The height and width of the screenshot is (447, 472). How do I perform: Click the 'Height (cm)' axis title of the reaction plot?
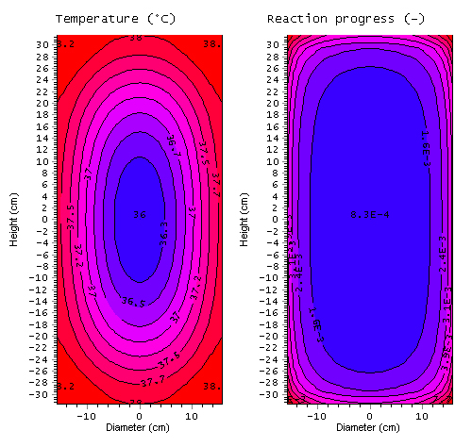pyautogui.click(x=246, y=220)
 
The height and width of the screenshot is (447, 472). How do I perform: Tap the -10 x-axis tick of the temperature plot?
pyautogui.click(x=86, y=414)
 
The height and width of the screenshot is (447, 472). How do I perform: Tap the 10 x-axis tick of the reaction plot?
pyautogui.click(x=422, y=414)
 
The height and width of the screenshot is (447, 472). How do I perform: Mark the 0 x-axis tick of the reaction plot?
pyautogui.click(x=370, y=414)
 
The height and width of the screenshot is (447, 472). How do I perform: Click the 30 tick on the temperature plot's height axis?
pyautogui.click(x=44, y=44)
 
